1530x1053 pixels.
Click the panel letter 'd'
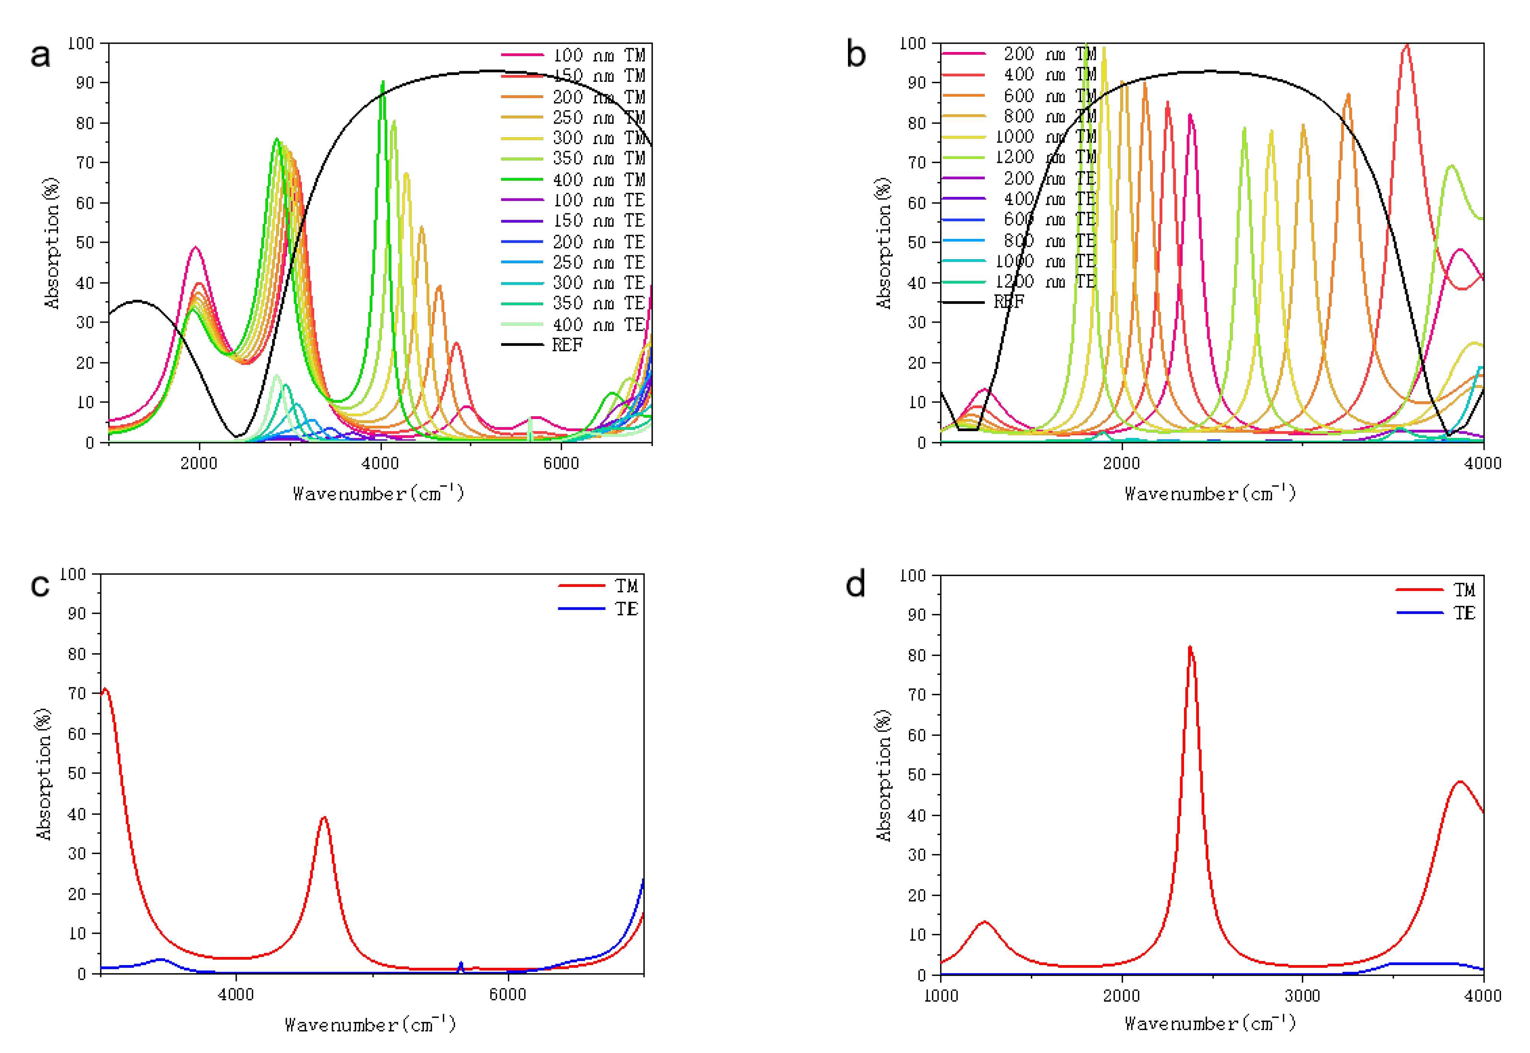pyautogui.click(x=856, y=584)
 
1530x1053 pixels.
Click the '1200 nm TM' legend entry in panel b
pyautogui.click(x=1045, y=157)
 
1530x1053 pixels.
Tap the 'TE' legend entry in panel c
pyautogui.click(x=626, y=609)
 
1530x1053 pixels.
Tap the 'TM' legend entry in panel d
pyautogui.click(x=1464, y=590)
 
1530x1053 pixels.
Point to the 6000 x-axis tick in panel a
pyautogui.click(x=561, y=463)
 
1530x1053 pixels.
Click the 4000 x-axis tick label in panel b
pyautogui.click(x=1483, y=463)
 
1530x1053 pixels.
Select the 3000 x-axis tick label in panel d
pyautogui.click(x=1303, y=996)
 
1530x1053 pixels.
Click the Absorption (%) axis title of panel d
pyautogui.click(x=884, y=775)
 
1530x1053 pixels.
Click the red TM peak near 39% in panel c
pyautogui.click(x=323, y=818)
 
